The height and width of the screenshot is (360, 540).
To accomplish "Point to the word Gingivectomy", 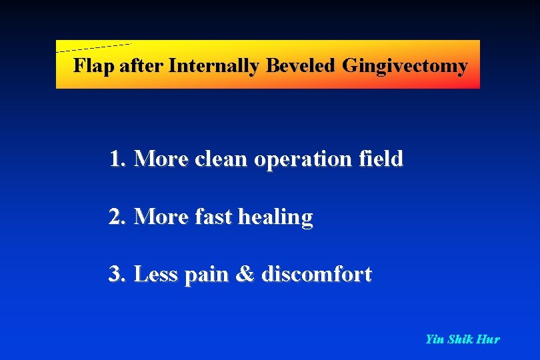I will [x=405, y=66].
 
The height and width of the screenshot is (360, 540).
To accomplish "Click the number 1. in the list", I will [x=118, y=159].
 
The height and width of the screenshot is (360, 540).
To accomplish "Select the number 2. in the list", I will [x=118, y=217].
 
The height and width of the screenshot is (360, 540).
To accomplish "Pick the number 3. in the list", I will [x=118, y=274].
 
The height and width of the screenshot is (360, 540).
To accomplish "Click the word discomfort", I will [x=317, y=274].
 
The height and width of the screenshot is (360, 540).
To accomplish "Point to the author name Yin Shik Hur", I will [x=462, y=339].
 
